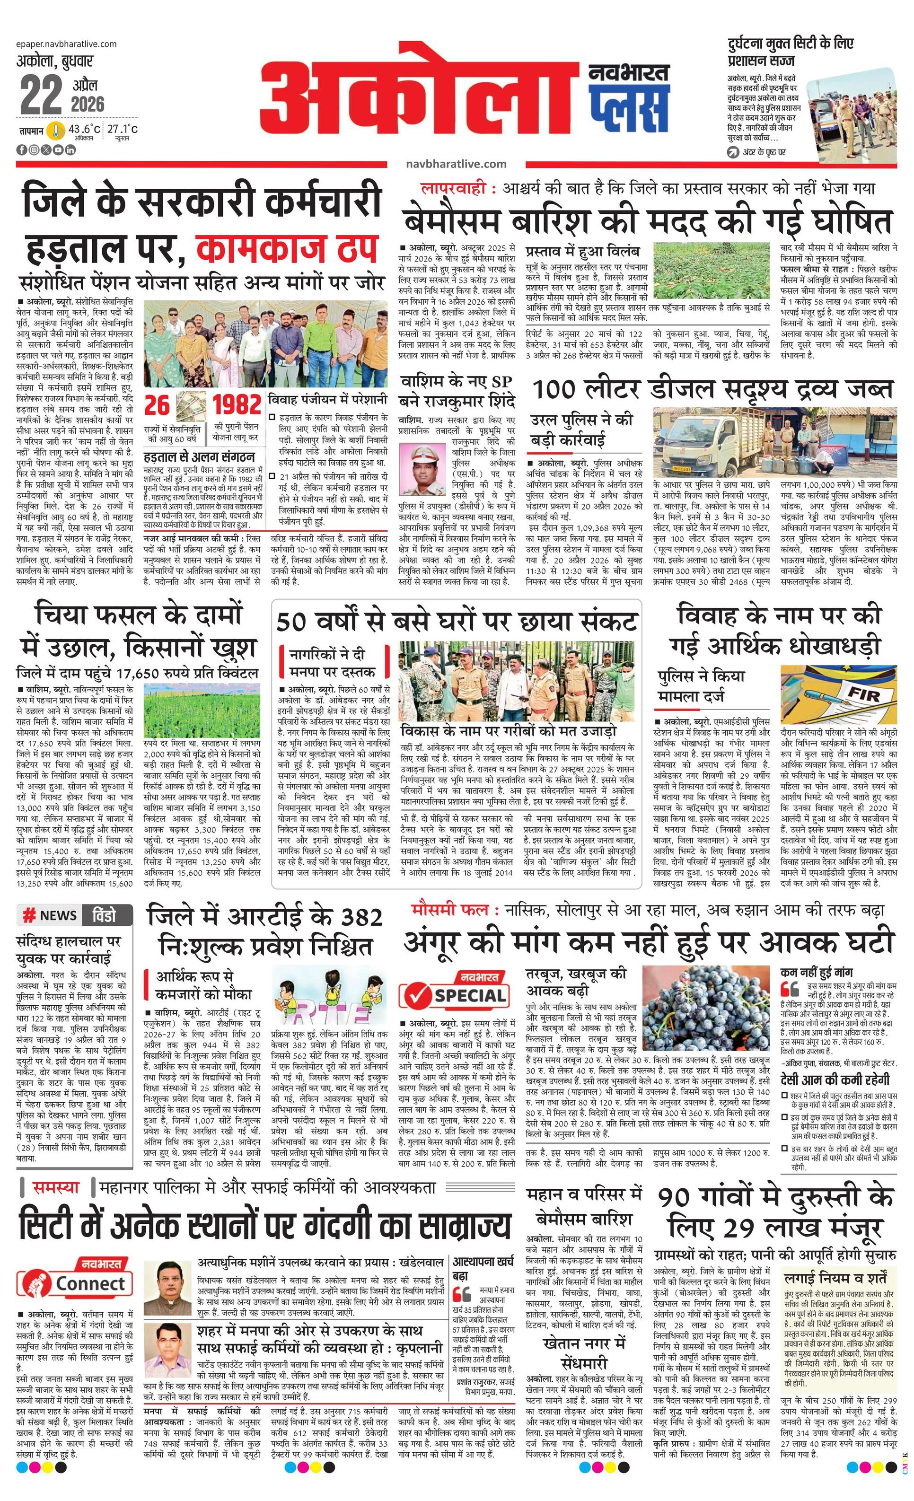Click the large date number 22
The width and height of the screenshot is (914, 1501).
(41, 95)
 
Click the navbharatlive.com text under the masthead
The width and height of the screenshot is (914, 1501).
(456, 164)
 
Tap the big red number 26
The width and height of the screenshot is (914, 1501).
(157, 406)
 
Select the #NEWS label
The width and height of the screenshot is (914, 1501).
(50, 915)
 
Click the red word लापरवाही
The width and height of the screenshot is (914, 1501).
(457, 188)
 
